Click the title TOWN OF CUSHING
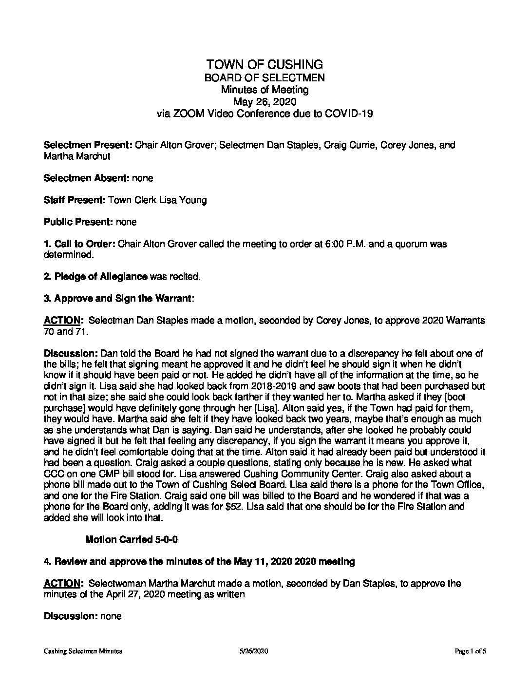[x=265, y=64]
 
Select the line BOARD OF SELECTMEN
[x=265, y=77]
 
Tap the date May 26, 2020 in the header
[x=265, y=101]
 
